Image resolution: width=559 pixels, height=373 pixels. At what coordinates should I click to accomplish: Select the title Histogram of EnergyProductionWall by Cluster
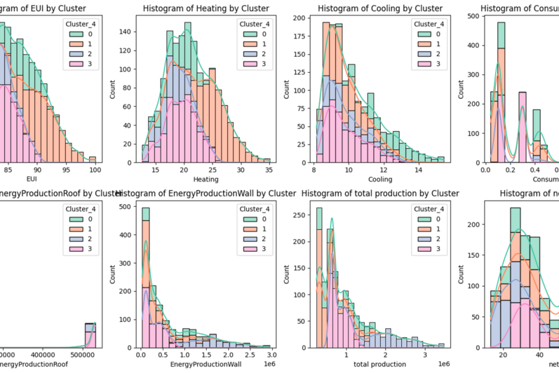tap(206, 193)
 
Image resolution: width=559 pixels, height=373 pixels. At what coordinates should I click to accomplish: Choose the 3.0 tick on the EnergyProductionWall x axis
tap(269, 355)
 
